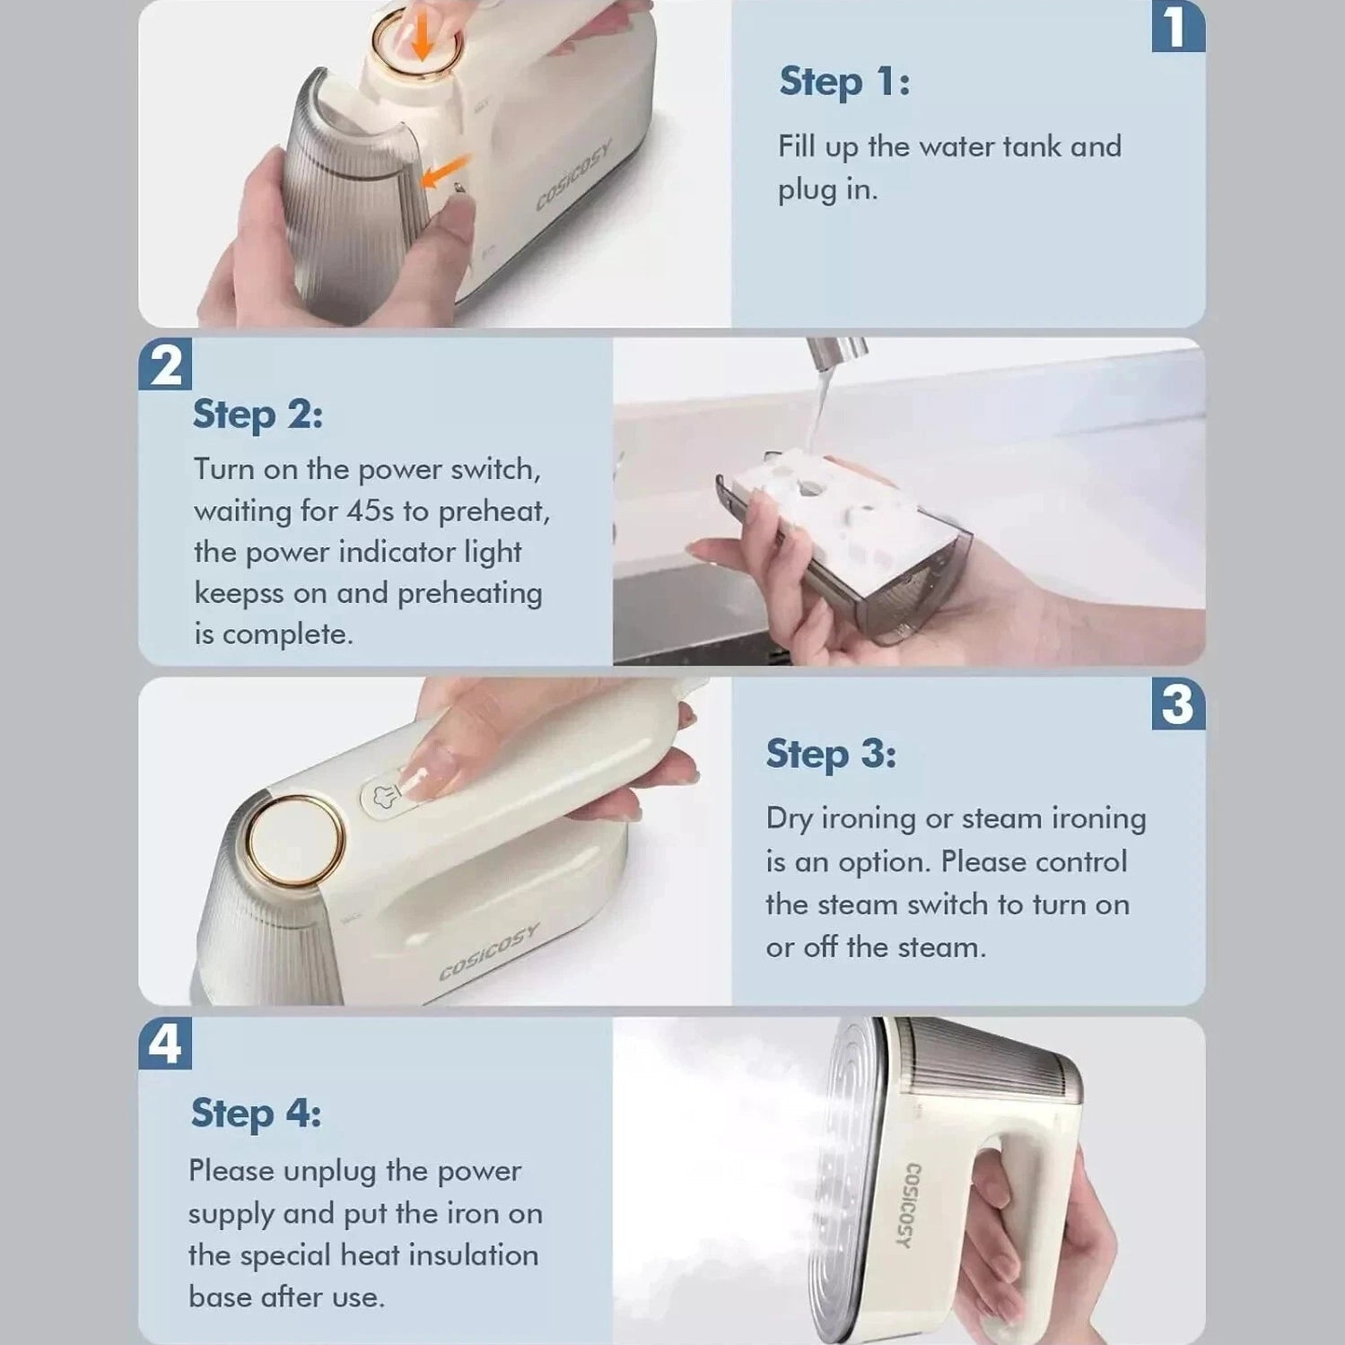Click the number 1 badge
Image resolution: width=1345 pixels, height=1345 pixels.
point(1177,26)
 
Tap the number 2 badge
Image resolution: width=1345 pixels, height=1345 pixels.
point(165,364)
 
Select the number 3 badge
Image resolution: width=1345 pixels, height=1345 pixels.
point(1177,703)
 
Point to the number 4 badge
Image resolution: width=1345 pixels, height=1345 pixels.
point(165,1044)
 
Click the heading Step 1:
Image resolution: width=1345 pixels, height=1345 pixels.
point(844,83)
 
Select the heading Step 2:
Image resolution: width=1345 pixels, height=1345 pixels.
point(258,415)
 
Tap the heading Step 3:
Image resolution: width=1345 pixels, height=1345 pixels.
point(831,755)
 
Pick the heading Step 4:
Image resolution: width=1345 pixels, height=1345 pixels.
point(256,1114)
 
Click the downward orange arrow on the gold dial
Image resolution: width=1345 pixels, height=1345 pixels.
point(421,38)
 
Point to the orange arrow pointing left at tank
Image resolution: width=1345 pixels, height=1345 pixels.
point(445,170)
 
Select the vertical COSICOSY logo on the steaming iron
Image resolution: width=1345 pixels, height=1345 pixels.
point(908,1205)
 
